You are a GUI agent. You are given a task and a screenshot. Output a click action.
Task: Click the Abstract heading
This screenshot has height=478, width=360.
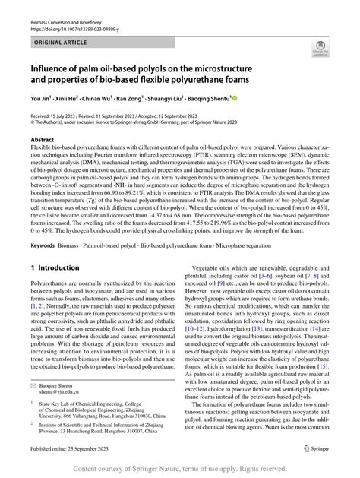tap(42, 141)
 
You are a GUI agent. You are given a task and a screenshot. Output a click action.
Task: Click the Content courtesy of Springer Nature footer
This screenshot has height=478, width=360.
tap(180, 468)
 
